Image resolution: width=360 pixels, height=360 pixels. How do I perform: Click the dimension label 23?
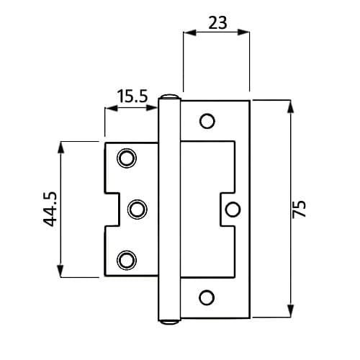coord(217,23)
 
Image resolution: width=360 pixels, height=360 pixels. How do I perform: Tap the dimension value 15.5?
coord(132,96)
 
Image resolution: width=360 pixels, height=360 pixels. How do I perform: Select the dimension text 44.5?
coord(50,210)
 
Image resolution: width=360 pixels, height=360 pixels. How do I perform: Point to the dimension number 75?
coord(300,209)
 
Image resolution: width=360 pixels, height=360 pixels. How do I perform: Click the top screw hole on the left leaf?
coord(127,158)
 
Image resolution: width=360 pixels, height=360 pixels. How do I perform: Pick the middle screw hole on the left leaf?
coord(138,210)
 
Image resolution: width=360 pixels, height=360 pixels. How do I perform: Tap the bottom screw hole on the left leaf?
coord(127,260)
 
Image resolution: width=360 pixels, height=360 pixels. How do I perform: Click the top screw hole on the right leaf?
coord(207,121)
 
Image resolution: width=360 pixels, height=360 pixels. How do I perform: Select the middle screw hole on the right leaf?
coord(233,210)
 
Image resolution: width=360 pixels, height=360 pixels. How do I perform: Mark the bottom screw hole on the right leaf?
coord(207,297)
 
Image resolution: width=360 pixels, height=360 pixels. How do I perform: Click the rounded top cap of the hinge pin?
coord(169,96)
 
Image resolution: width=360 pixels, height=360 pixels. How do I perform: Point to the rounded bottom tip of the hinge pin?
coord(169,322)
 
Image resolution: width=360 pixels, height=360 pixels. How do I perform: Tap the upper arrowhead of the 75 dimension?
coord(291,106)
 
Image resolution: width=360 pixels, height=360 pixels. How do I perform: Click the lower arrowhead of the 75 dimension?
coord(291,311)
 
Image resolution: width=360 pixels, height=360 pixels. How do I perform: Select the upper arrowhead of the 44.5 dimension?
coord(60,148)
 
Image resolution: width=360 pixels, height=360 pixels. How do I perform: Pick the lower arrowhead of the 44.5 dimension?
coord(60,271)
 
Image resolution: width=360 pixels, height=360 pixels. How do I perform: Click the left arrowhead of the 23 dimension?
coord(190,32)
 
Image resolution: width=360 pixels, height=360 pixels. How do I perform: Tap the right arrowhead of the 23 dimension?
coord(243,32)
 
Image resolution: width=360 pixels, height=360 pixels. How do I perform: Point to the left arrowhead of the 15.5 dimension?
coord(112,108)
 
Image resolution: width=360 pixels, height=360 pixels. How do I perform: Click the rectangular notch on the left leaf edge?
coord(112,210)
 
